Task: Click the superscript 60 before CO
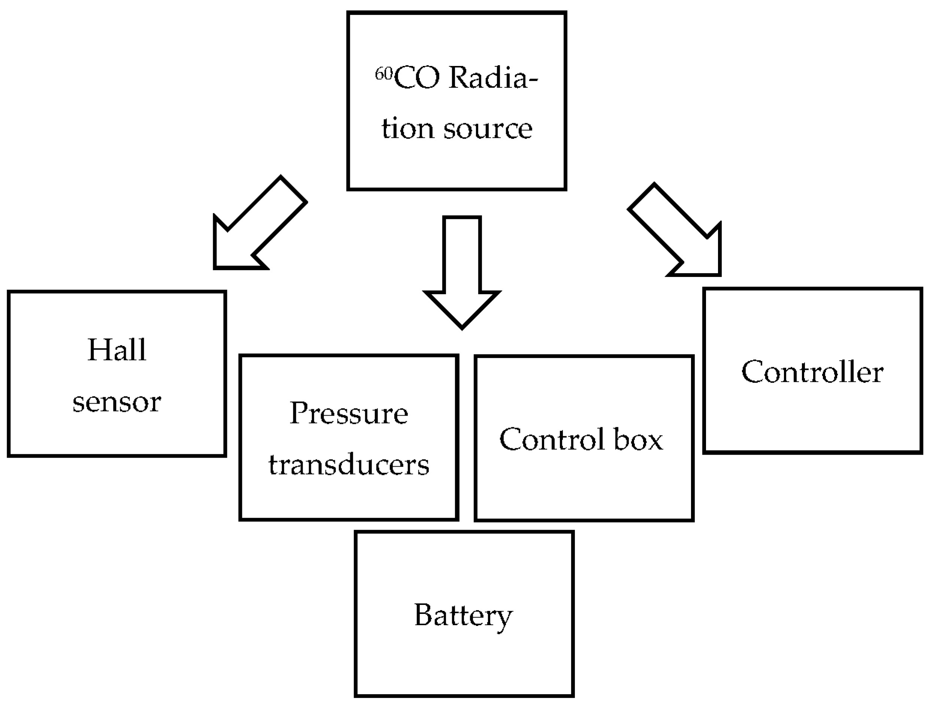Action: click(384, 74)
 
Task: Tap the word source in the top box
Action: click(488, 129)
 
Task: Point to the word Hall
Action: click(117, 350)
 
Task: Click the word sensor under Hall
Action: click(117, 402)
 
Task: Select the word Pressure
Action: click(348, 413)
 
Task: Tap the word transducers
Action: click(348, 465)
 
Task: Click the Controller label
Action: click(812, 372)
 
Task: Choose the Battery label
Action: click(463, 615)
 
